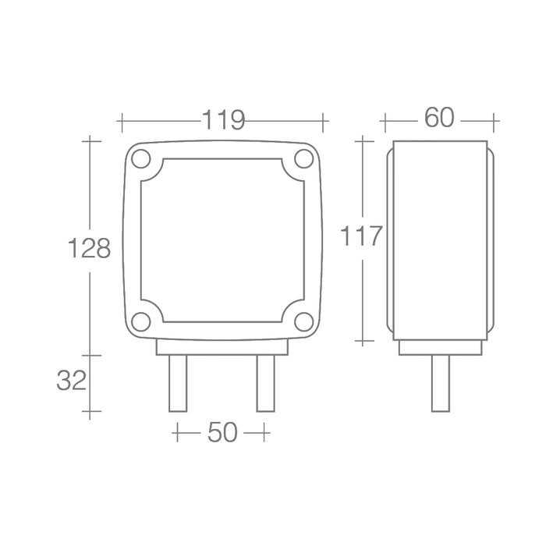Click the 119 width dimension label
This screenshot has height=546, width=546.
[x=224, y=120]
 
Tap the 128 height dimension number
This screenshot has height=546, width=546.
[x=89, y=248]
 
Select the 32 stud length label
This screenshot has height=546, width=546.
[x=72, y=381]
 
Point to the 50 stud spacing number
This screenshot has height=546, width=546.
[x=222, y=432]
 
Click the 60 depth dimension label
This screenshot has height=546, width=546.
[x=439, y=117]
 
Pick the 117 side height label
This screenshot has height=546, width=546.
[x=361, y=236]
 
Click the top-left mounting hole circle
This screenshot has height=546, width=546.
[x=141, y=159]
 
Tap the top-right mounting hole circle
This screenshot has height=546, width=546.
[x=304, y=159]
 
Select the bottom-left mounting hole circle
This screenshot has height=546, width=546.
[x=141, y=321]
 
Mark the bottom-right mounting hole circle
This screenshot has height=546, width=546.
[x=304, y=321]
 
